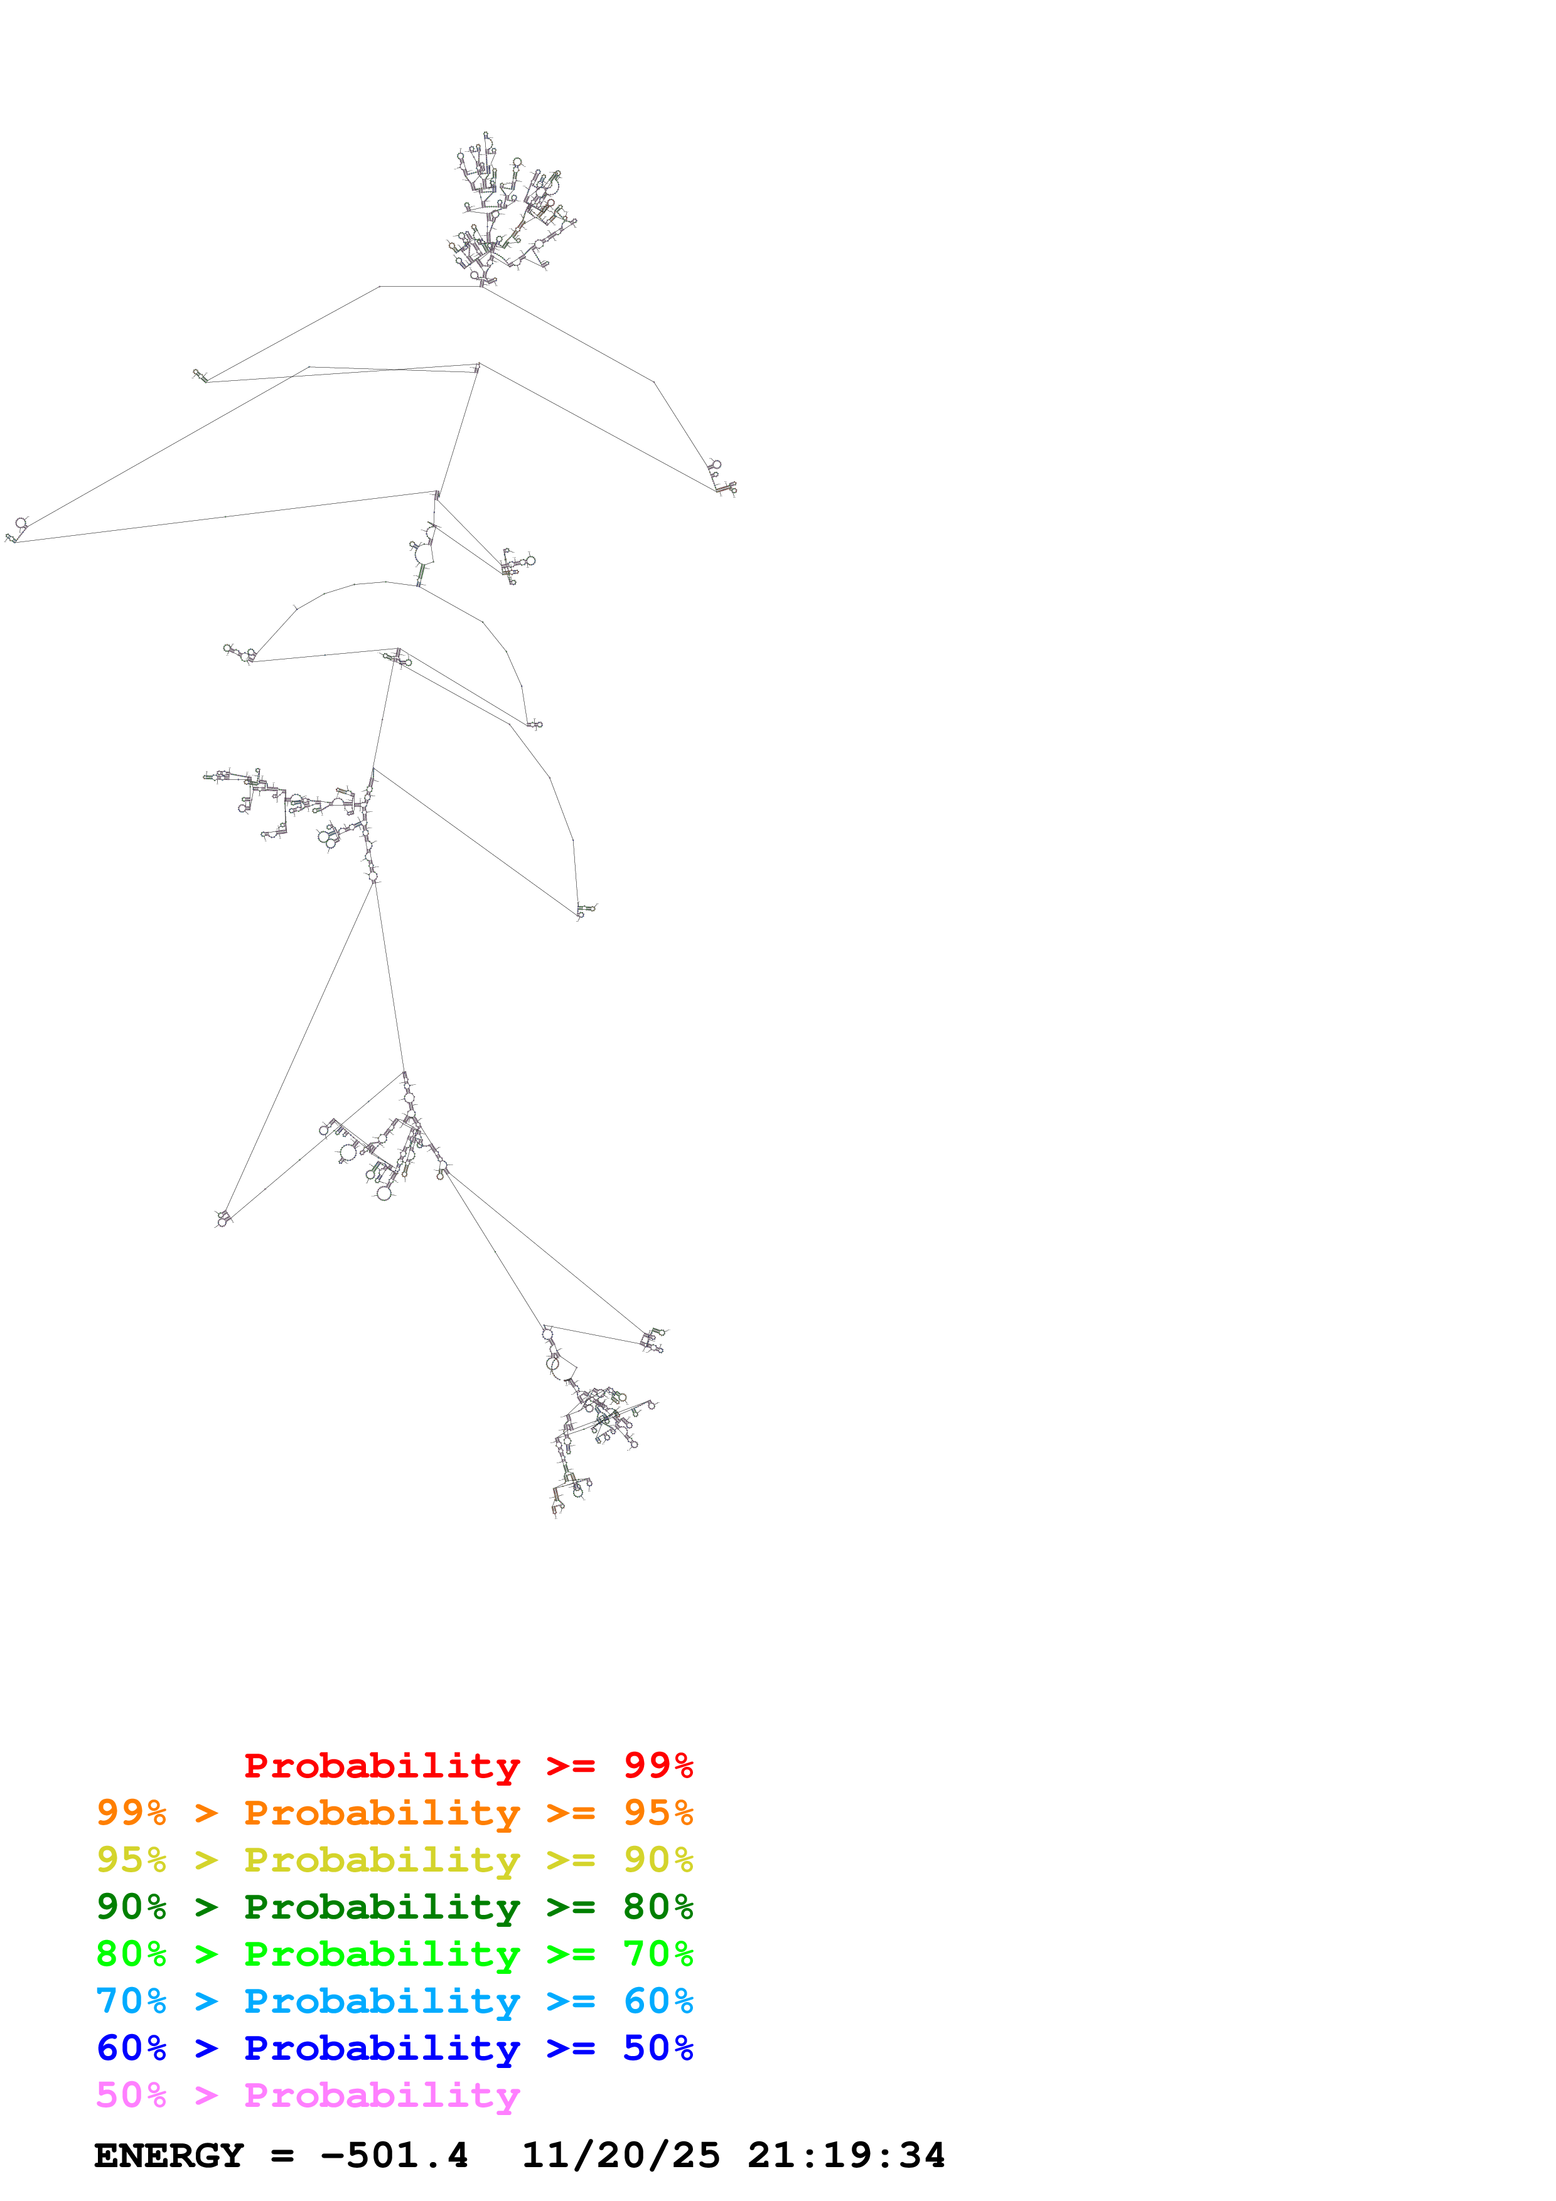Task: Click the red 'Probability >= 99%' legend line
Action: coord(468,1766)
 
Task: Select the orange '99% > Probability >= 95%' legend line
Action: coord(394,1813)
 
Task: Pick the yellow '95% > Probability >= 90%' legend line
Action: coord(394,1860)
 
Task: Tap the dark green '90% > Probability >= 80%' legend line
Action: coord(394,1907)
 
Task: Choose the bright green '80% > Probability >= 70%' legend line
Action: coord(394,1954)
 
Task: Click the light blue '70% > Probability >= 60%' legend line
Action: coord(394,2001)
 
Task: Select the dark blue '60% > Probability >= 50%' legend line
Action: coord(394,2048)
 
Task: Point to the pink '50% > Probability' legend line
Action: coord(307,2094)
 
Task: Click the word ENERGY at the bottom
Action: coord(169,2156)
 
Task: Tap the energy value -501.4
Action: coord(394,2156)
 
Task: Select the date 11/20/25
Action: coord(620,2156)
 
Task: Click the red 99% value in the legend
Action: coord(658,1766)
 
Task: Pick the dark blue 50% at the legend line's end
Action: coord(658,2048)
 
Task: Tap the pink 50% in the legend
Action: coord(131,2094)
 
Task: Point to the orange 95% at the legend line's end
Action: coord(658,1813)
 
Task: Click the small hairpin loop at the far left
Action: coord(17,529)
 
